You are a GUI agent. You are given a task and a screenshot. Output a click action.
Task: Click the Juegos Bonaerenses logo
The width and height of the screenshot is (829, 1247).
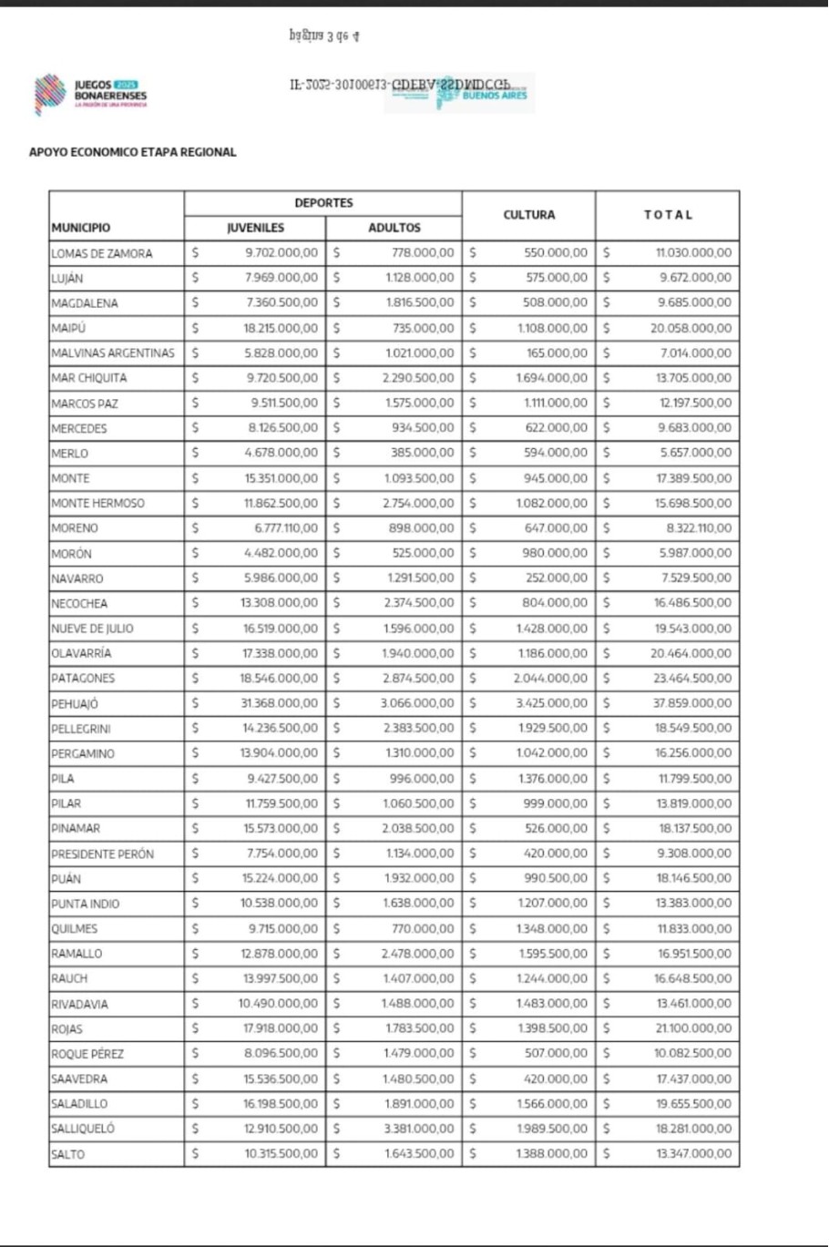pos(89,94)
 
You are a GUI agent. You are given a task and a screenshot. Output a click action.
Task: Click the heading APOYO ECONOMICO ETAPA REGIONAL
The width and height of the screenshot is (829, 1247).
pos(133,152)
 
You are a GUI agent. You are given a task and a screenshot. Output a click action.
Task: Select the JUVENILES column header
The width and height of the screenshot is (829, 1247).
pos(255,228)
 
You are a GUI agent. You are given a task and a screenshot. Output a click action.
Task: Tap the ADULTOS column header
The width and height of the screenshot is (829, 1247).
pos(394,228)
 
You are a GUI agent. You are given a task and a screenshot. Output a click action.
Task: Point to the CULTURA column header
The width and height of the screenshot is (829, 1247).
pos(528,215)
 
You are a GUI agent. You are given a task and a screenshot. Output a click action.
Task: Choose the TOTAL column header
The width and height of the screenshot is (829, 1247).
pos(668,215)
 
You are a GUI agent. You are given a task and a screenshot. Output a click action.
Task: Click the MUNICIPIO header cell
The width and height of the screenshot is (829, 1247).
pos(81,228)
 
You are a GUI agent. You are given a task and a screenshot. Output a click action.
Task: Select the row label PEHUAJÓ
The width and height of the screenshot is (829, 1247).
pos(75,704)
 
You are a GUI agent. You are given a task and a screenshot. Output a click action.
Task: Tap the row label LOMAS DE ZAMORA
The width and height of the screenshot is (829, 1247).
pos(102,253)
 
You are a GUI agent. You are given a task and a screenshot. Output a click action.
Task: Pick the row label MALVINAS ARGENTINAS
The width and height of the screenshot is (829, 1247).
pos(113,353)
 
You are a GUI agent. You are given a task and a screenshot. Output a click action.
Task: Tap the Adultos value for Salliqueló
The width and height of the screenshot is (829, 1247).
pos(417,1129)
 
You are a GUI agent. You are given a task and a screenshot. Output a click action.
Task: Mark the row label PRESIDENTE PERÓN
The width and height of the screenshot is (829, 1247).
pos(103,854)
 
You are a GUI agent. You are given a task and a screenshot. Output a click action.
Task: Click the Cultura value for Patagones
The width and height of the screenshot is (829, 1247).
pos(550,679)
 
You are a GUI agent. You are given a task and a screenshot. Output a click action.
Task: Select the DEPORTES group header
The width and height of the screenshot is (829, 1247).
pos(323,203)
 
